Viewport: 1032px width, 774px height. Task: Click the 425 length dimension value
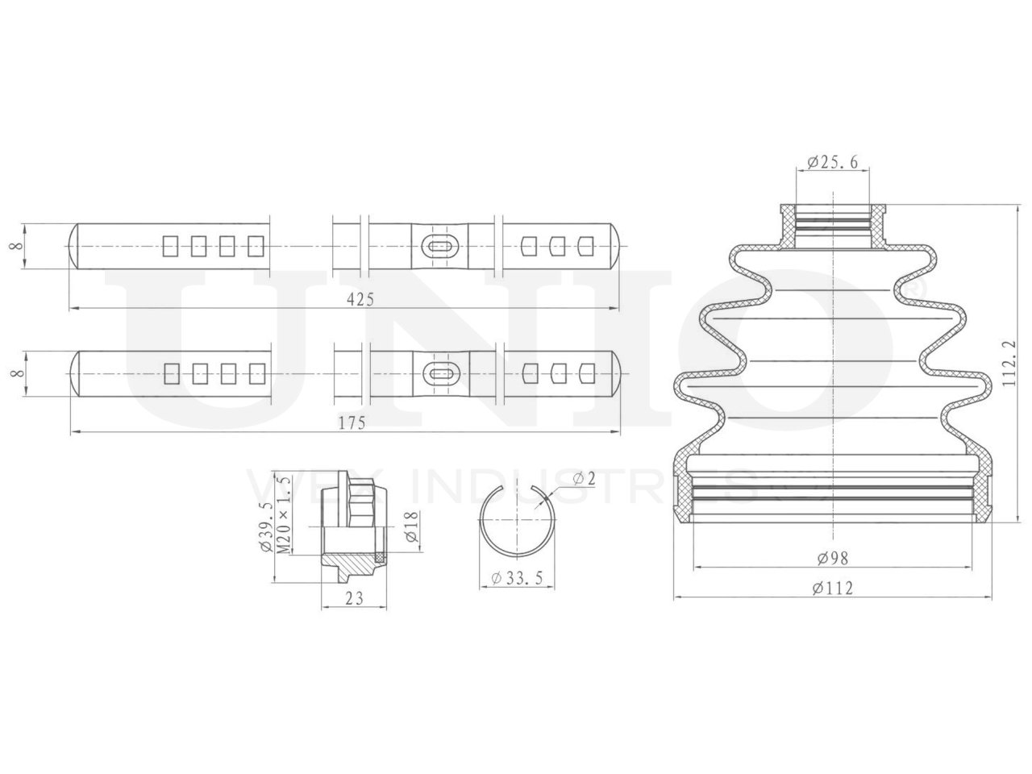[360, 298]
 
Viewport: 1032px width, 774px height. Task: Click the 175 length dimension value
[356, 422]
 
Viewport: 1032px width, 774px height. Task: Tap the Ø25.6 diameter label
[831, 162]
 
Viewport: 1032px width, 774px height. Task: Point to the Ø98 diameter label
[832, 557]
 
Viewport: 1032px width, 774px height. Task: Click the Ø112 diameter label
[832, 588]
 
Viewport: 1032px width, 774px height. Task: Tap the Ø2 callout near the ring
[584, 479]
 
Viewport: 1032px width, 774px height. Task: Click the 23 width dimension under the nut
[353, 597]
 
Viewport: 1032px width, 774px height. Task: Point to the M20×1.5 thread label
[283, 514]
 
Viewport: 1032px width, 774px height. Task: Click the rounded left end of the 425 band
[74, 246]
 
